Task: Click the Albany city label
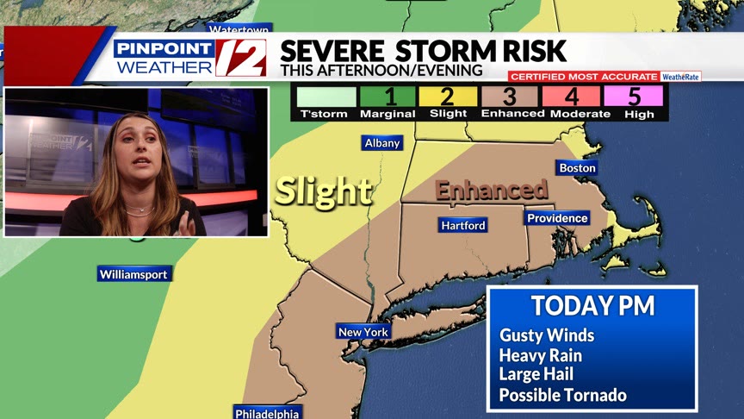click(x=381, y=143)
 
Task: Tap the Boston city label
click(x=577, y=168)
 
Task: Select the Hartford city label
click(x=463, y=225)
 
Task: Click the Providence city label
click(x=557, y=218)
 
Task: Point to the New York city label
click(x=363, y=332)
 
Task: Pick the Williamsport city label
click(x=133, y=274)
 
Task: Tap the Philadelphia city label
click(x=267, y=413)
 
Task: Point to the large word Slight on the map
click(x=323, y=191)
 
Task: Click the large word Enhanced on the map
click(x=492, y=191)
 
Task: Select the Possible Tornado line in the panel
click(x=563, y=396)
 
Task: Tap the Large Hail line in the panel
click(x=536, y=375)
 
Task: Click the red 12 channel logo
click(x=240, y=59)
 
